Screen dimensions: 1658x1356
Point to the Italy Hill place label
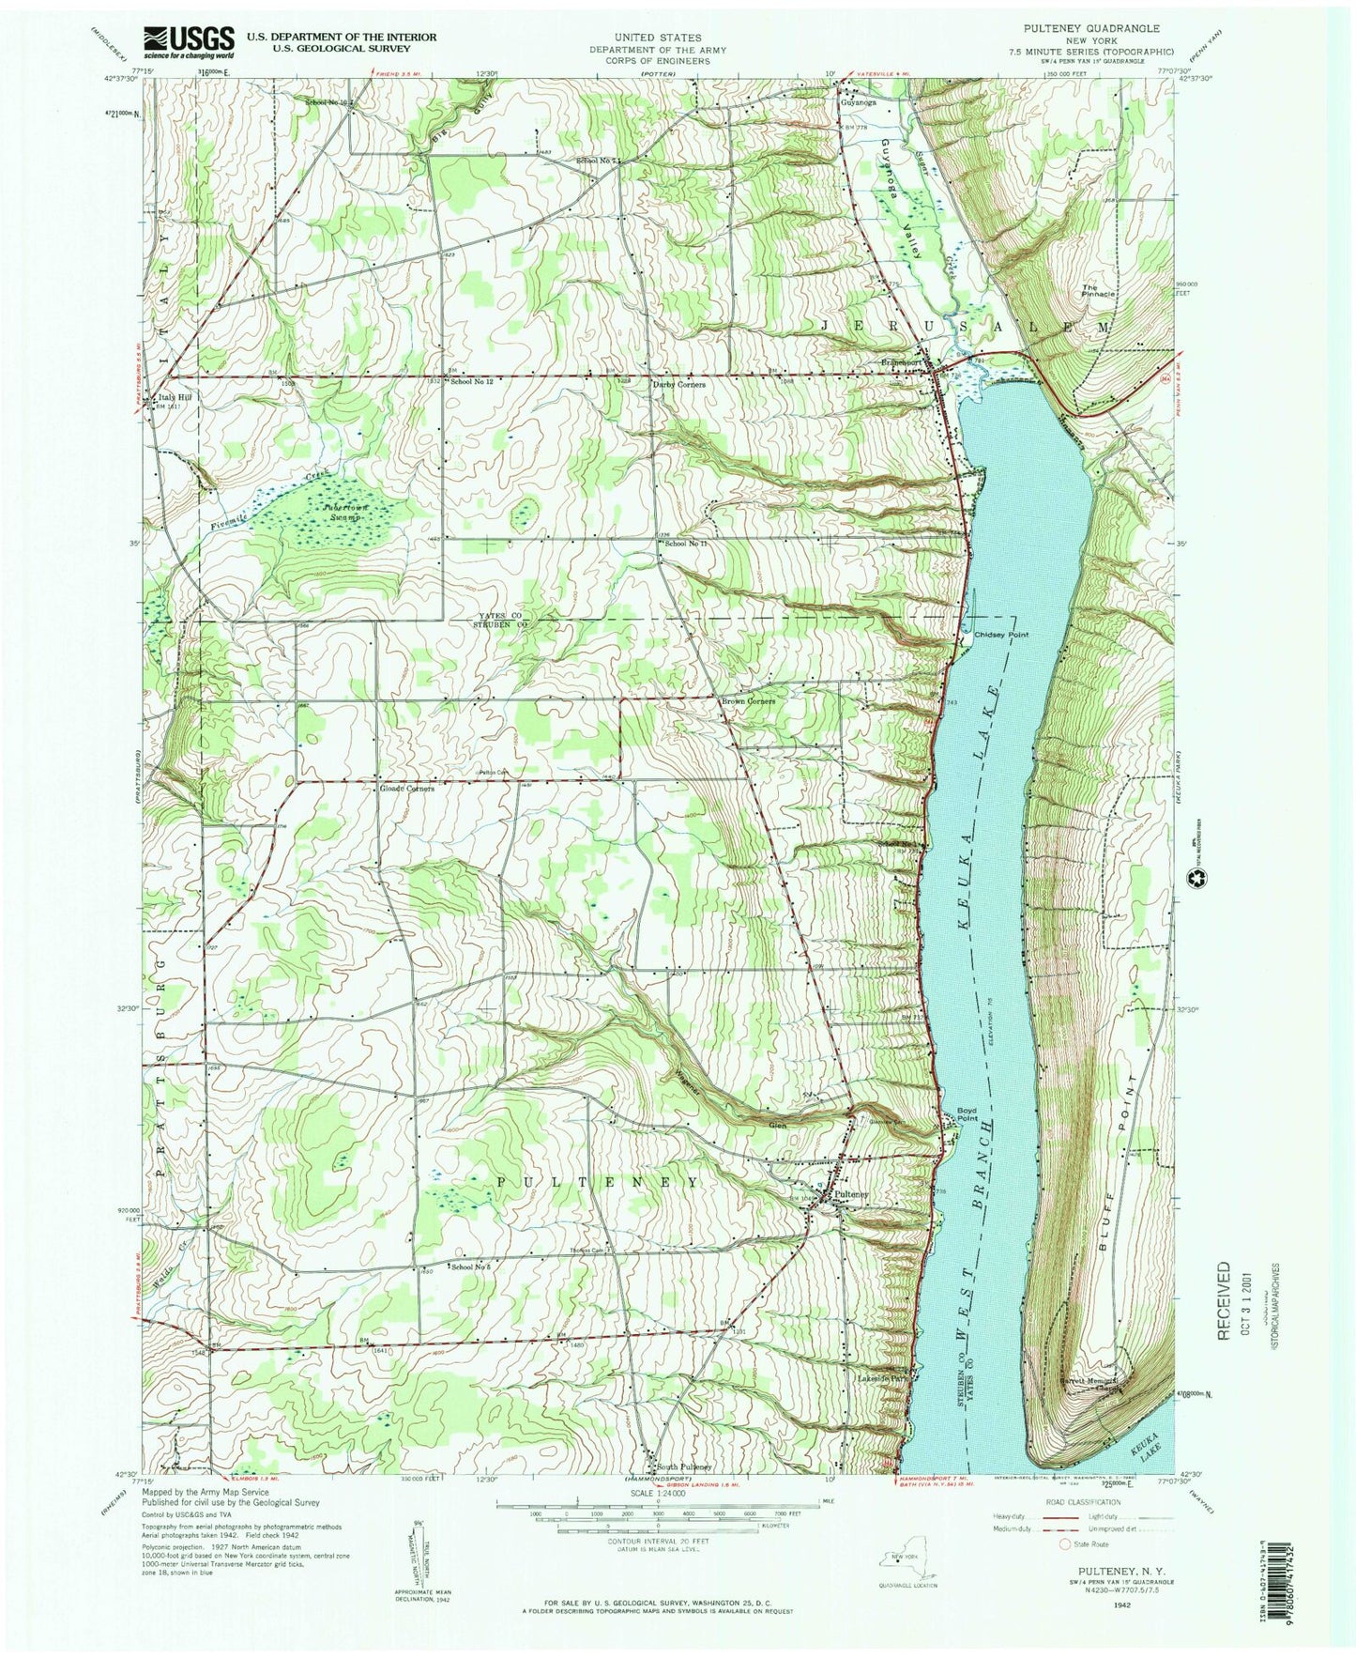[x=175, y=397]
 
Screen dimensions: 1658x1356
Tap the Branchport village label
[x=905, y=359]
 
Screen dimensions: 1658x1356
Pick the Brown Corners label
[x=747, y=701]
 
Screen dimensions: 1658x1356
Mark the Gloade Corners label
[x=407, y=789]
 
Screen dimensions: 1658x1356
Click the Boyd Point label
[x=967, y=1113]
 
